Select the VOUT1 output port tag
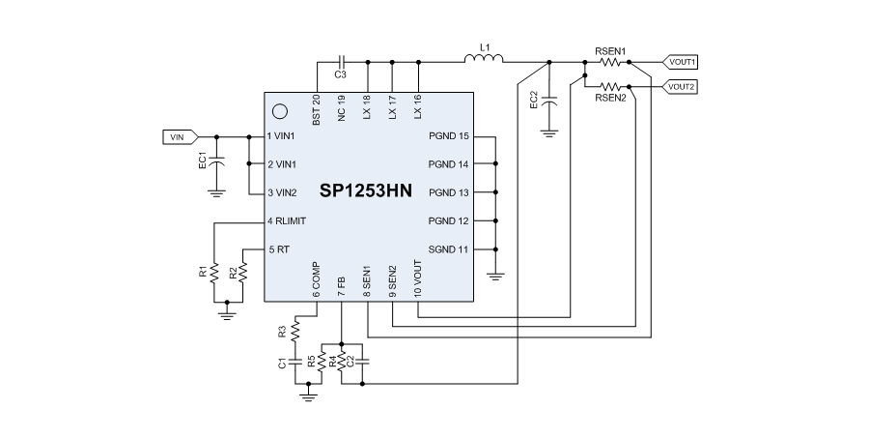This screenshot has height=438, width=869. click(682, 61)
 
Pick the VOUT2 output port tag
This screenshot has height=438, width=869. click(682, 86)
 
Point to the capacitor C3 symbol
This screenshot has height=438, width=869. click(340, 62)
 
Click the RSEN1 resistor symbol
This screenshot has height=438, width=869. click(611, 61)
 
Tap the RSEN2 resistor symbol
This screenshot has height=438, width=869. click(611, 86)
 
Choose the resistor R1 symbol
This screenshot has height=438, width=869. click(215, 272)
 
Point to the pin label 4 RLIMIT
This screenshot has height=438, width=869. click(288, 221)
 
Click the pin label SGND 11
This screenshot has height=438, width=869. click(449, 249)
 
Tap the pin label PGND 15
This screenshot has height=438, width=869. click(449, 136)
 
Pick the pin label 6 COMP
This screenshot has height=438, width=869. click(317, 280)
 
